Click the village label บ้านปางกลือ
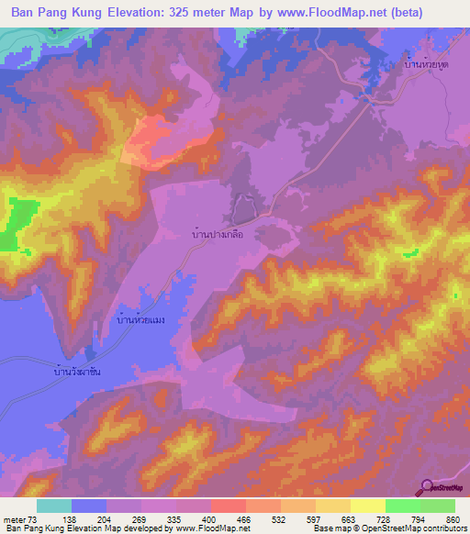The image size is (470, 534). click(225, 234)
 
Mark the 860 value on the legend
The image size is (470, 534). click(453, 518)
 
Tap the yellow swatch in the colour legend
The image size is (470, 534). click(367, 506)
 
